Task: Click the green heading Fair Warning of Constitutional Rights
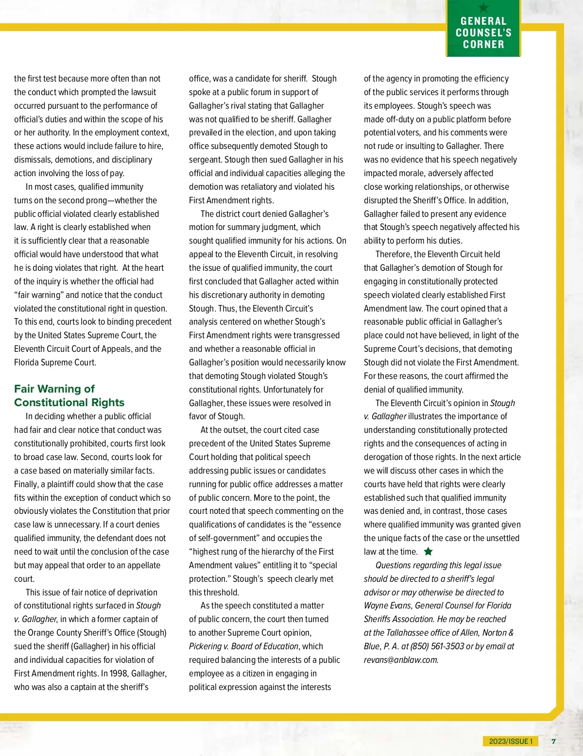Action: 69,395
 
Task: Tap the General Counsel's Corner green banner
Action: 483,33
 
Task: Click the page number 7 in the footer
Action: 553,741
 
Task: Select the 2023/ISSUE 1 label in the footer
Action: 511,741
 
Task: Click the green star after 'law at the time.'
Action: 428,551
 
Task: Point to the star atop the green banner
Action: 483,7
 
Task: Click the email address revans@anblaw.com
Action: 400,660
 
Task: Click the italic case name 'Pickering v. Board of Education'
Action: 243,646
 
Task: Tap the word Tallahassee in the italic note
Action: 415,633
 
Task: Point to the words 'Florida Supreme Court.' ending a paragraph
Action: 55,362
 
